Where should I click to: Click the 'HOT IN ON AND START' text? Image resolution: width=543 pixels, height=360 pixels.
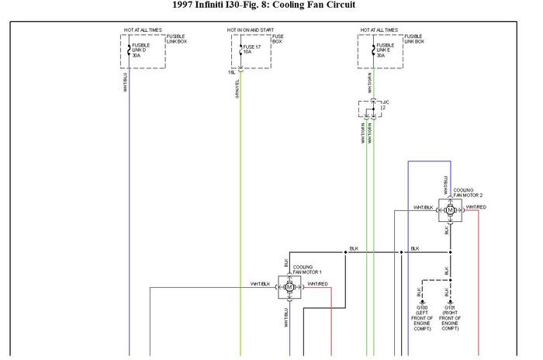[251, 30]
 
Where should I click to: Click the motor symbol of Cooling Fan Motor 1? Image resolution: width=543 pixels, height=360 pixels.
[290, 287]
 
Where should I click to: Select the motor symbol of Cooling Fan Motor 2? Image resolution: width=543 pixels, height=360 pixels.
[450, 209]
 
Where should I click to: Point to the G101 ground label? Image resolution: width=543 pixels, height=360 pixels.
[449, 317]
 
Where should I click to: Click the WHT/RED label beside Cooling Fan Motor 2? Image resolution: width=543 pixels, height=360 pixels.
[476, 207]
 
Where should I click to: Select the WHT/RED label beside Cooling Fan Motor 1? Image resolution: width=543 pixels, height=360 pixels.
[317, 284]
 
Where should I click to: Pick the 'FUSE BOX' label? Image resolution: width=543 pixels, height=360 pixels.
[277, 38]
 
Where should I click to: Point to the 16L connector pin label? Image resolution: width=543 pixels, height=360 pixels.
[231, 71]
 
